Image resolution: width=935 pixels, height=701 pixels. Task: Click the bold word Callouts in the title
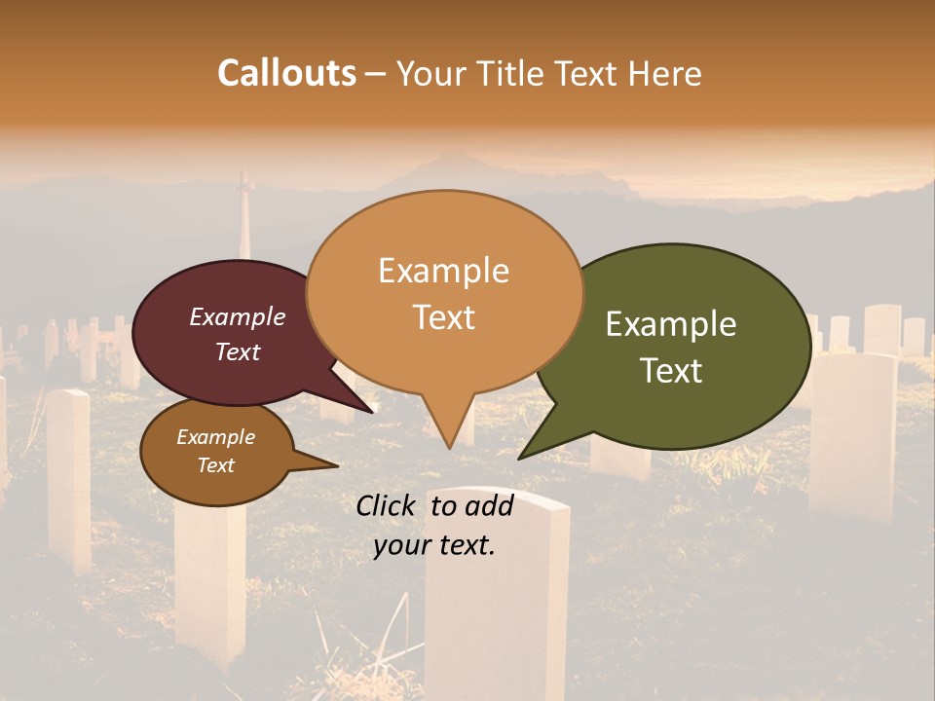click(286, 73)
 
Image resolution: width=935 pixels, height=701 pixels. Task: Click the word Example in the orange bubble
click(443, 271)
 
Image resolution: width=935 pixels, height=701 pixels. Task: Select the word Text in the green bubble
click(672, 371)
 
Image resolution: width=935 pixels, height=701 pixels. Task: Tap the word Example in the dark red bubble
click(237, 317)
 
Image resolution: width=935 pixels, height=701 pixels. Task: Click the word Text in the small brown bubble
click(215, 465)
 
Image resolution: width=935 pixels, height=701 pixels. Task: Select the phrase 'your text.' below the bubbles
click(434, 545)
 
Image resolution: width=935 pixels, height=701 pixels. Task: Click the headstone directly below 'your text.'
click(497, 604)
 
